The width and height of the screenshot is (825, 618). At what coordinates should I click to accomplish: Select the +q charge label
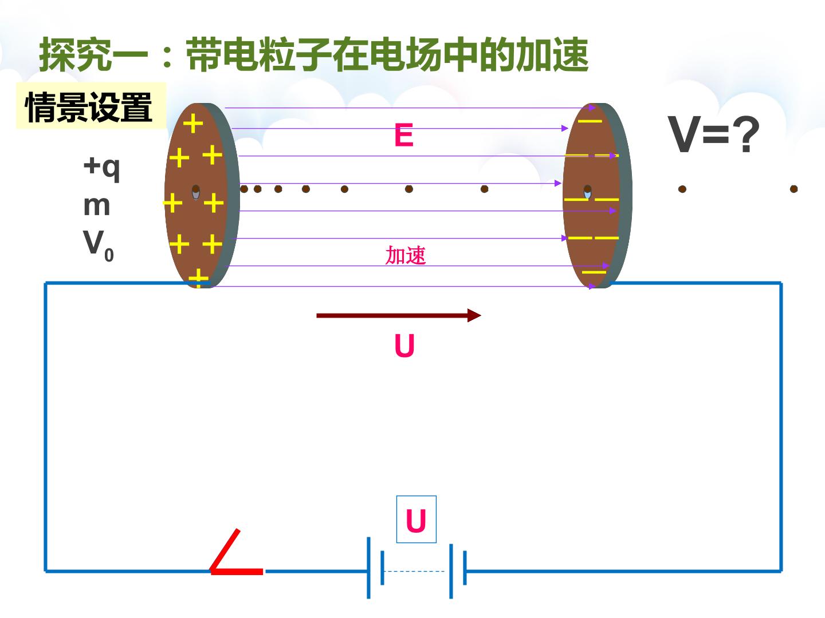coord(101,168)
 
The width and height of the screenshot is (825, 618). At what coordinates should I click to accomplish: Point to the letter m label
coord(97,206)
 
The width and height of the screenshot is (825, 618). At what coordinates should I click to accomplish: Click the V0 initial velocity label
coord(98,245)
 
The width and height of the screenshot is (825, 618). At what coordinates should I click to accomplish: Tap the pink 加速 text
coord(406,256)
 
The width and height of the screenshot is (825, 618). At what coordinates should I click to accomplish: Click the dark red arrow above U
coord(399,315)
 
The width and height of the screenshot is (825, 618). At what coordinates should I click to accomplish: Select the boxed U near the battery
coord(416,520)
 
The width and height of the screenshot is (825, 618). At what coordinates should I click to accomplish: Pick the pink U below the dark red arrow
coord(404,346)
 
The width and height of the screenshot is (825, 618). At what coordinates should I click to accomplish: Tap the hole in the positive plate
coord(196,192)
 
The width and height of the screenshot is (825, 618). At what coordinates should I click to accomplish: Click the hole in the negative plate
coord(587,192)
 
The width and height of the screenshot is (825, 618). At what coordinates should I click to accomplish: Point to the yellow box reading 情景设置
coord(91,106)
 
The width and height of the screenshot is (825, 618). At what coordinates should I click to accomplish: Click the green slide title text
coord(314,55)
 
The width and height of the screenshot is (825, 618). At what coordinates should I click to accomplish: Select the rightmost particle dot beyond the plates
coord(794,189)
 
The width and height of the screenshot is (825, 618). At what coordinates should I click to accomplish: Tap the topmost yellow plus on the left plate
coord(193,123)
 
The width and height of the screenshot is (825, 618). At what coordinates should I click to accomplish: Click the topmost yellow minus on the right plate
coord(590,121)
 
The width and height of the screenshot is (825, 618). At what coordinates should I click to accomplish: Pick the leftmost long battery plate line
coord(369,568)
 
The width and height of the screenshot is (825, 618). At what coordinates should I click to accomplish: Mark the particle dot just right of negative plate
coord(682,189)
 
